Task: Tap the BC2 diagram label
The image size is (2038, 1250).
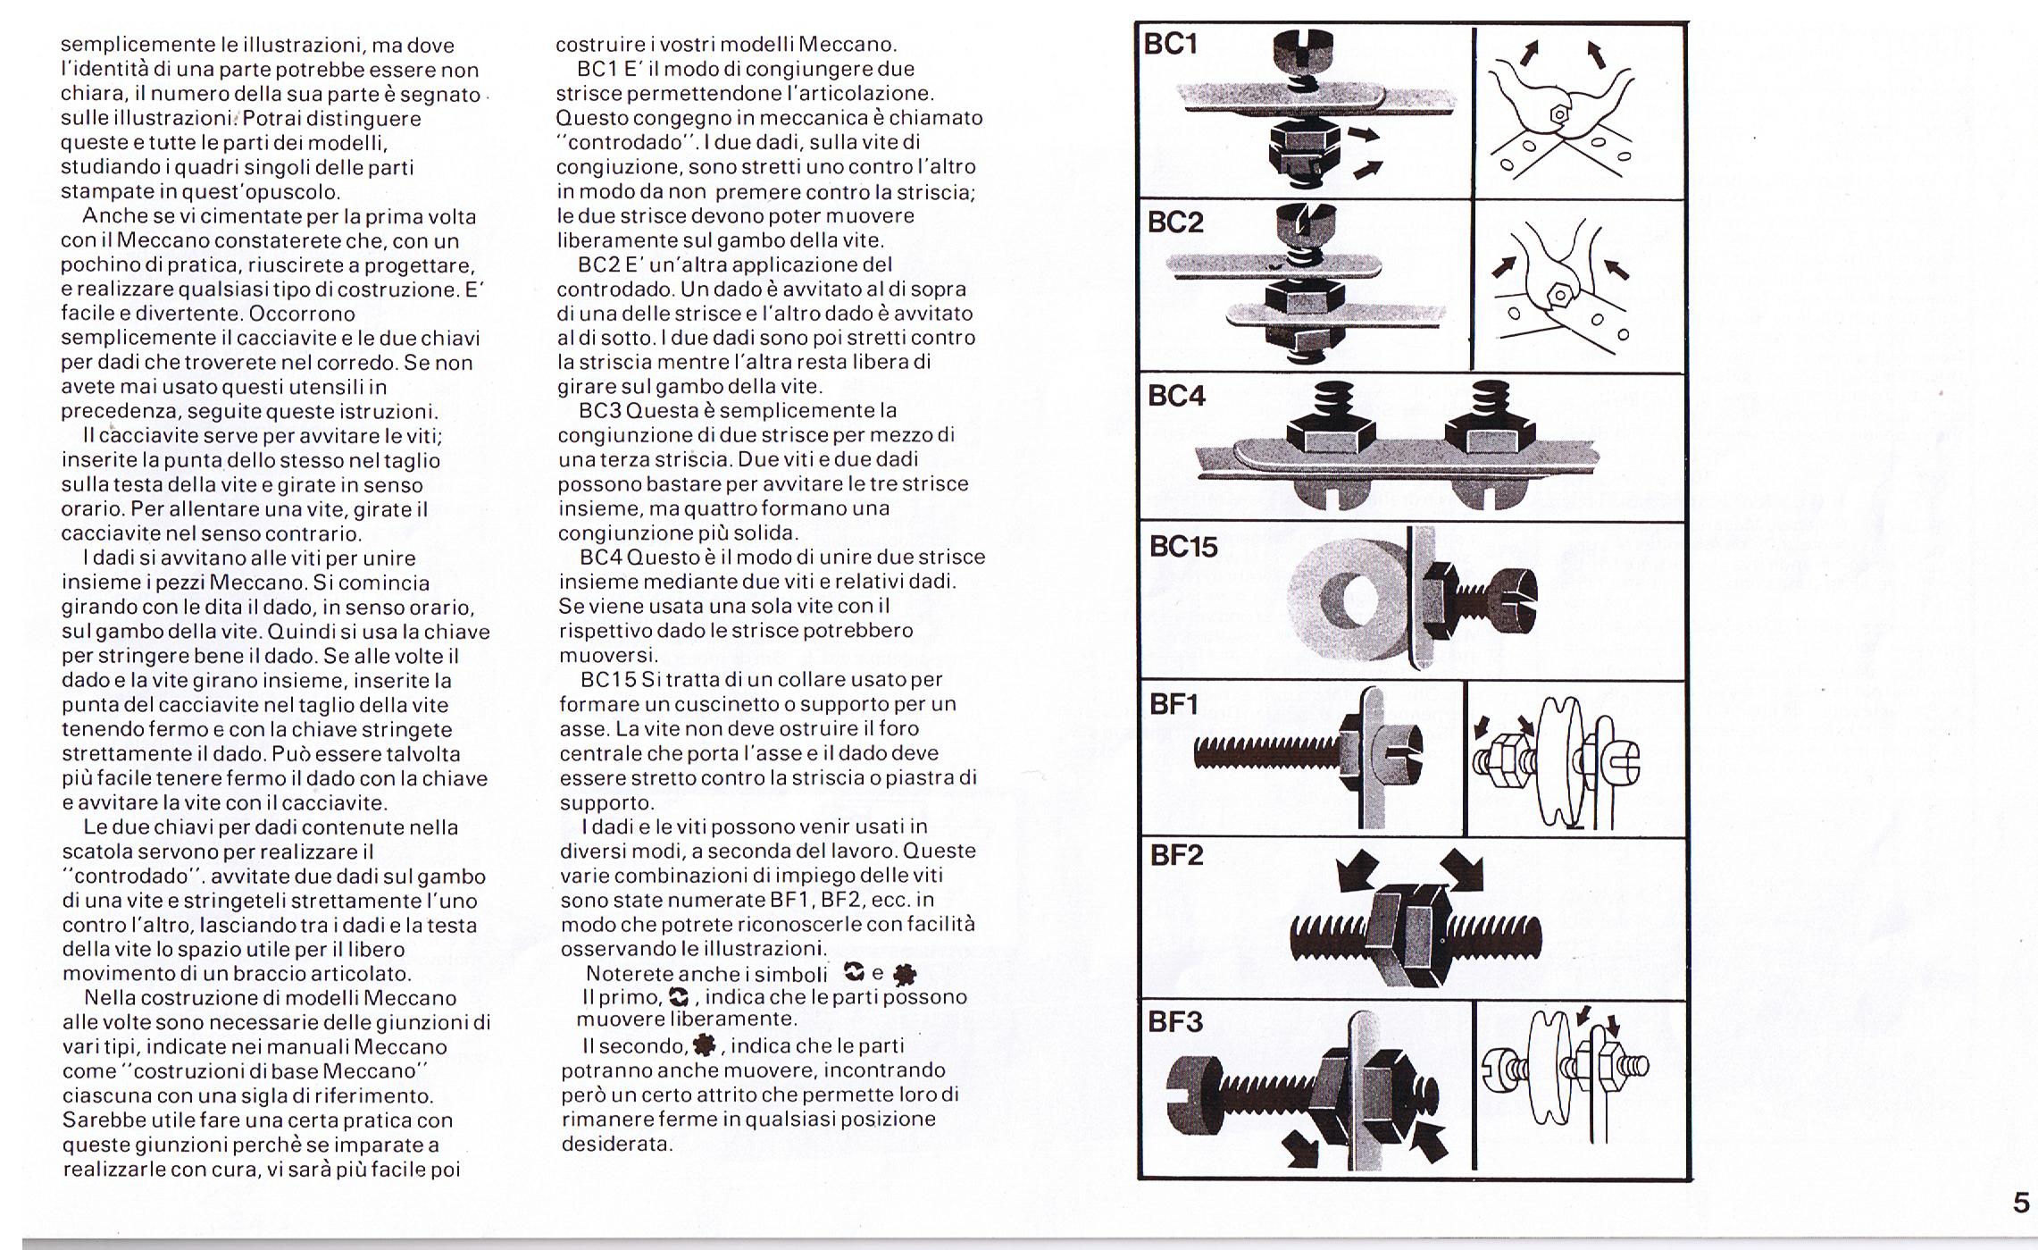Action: [1174, 222]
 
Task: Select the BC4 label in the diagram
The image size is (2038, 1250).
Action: [1176, 396]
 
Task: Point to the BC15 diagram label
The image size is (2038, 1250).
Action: [1183, 547]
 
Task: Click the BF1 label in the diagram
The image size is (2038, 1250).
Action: [1174, 705]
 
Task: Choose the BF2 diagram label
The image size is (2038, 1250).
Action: [1175, 856]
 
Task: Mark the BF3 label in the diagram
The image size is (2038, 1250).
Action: [1175, 1021]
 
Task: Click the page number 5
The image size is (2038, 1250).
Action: [2021, 1204]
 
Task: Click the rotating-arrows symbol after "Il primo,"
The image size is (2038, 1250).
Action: [680, 997]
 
